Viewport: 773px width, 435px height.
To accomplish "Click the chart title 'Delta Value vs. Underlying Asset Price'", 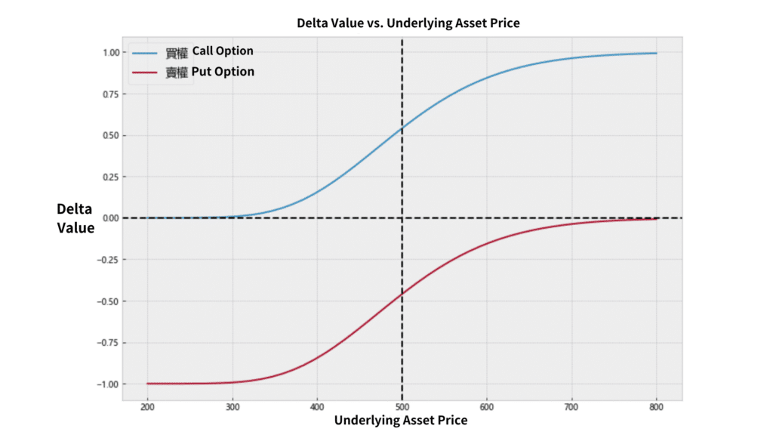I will point(408,23).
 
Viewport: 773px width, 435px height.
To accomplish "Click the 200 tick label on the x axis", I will point(147,409).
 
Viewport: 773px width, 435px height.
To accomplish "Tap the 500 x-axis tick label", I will point(402,409).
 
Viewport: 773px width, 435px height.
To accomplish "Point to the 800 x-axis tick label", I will point(656,409).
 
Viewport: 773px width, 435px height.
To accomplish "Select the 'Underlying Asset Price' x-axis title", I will point(401,421).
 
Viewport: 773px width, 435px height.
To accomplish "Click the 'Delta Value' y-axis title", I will point(75,217).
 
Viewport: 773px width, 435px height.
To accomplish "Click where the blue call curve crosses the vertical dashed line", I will point(402,128).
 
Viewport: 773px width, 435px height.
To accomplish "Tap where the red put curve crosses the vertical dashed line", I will point(402,293).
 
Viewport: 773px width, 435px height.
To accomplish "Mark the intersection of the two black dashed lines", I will point(402,218).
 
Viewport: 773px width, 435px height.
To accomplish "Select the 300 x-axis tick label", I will point(232,409).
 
